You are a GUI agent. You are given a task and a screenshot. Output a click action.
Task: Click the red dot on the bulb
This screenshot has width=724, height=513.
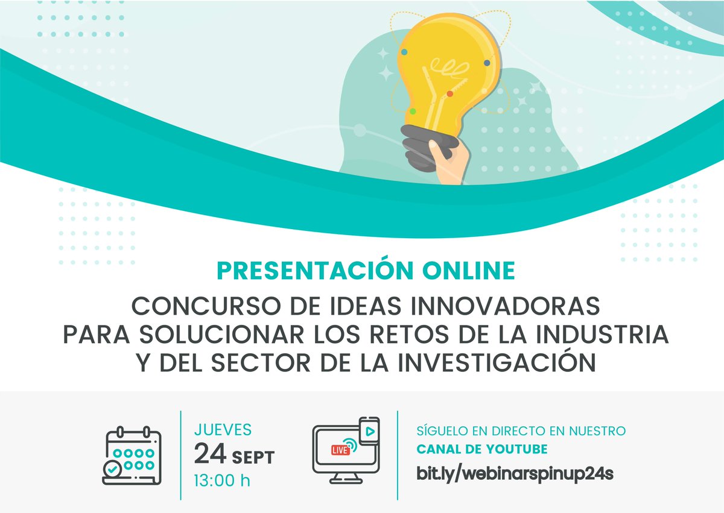pyautogui.click(x=449, y=93)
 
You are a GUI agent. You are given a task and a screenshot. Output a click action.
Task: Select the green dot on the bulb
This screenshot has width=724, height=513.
pyautogui.click(x=413, y=111)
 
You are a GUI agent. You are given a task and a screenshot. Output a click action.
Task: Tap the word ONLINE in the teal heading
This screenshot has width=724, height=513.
pyautogui.click(x=476, y=271)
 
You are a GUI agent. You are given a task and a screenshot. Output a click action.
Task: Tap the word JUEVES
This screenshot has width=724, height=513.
pyautogui.click(x=223, y=430)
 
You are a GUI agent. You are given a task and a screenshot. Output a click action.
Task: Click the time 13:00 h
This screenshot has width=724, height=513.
pyautogui.click(x=221, y=480)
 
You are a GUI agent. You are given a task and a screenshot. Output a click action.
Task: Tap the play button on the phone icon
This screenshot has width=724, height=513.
pyautogui.click(x=369, y=432)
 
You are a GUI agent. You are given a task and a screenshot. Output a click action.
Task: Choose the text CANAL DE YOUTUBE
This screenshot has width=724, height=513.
pyautogui.click(x=482, y=450)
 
